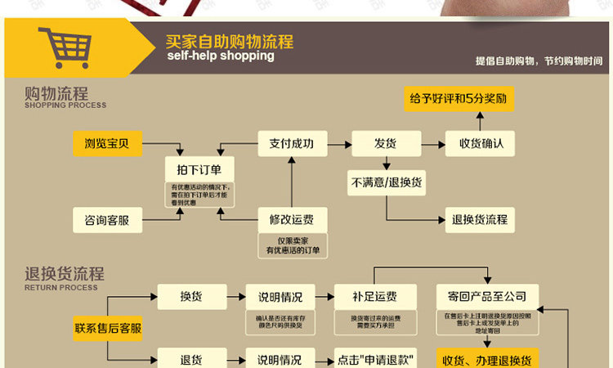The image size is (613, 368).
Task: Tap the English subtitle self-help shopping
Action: [220, 56]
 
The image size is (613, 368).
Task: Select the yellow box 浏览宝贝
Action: [107, 144]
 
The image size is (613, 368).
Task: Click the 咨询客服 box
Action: [107, 220]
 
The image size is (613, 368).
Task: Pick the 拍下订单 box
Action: [199, 170]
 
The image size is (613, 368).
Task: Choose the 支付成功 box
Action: [292, 144]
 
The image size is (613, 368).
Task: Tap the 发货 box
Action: [386, 144]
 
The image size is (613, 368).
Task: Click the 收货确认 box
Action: [481, 144]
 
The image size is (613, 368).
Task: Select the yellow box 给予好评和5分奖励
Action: [459, 99]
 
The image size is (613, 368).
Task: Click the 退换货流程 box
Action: [481, 219]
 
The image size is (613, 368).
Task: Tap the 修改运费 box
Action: [292, 219]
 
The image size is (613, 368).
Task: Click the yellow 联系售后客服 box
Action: [108, 329]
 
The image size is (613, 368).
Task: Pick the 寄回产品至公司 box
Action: [487, 296]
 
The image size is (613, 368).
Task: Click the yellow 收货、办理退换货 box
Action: [487, 360]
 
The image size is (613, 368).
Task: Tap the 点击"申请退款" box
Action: [376, 360]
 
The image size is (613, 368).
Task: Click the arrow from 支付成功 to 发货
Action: [339, 144]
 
